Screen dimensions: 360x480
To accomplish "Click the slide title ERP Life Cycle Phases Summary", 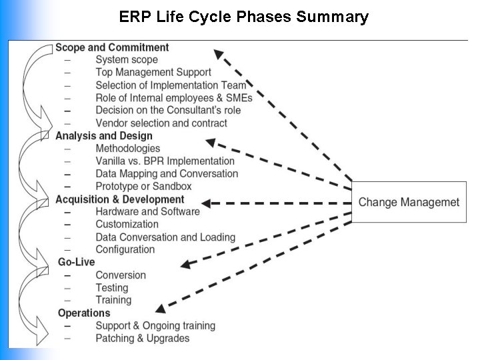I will tap(243, 17).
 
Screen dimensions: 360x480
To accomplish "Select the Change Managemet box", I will tap(409, 202).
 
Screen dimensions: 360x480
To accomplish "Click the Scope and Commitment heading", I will tap(112, 47).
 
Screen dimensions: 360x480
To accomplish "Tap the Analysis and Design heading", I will tap(103, 136).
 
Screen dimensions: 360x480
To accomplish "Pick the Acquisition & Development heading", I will tap(119, 199).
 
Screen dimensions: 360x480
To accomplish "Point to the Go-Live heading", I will tap(76, 262).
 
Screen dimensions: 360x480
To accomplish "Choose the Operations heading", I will tap(84, 313).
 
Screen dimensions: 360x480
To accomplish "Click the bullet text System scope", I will tap(127, 60).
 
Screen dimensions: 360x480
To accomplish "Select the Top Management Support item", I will tap(153, 73).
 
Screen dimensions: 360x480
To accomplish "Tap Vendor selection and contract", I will tap(161, 123).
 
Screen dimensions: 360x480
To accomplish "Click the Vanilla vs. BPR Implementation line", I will tap(165, 161).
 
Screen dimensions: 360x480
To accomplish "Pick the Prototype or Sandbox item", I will tap(143, 187).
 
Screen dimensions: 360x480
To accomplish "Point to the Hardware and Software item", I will tap(147, 211).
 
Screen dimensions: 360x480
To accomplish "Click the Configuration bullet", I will tap(125, 249).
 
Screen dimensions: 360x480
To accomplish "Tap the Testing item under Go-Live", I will tap(111, 287).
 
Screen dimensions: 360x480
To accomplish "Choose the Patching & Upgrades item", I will tap(142, 338).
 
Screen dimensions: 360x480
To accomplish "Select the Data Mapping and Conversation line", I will tap(166, 174).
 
